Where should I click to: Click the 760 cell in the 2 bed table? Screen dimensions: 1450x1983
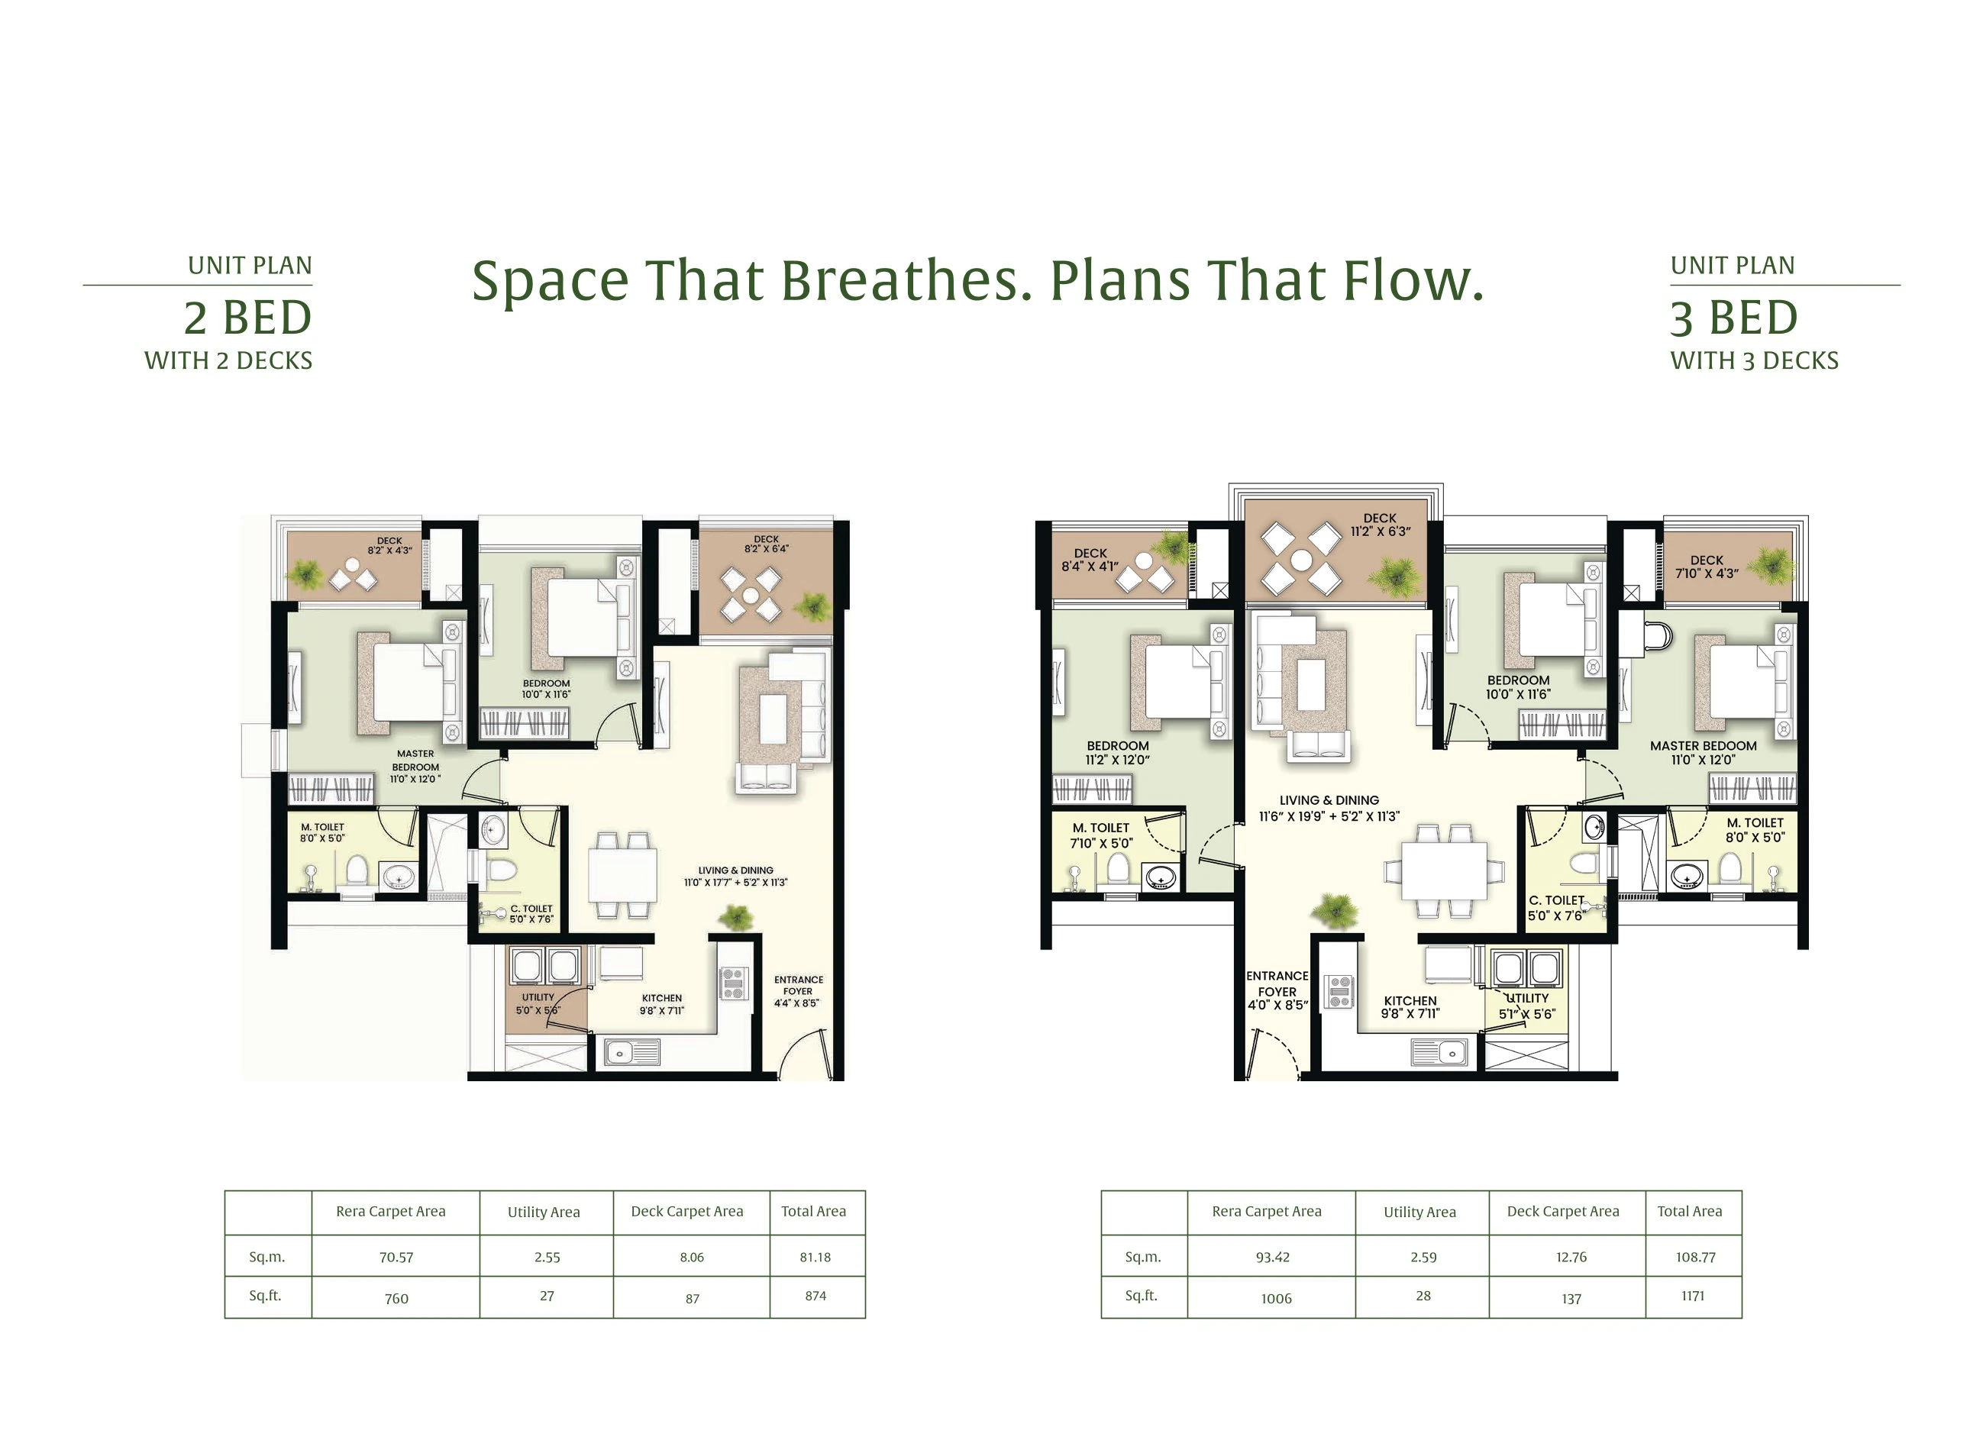[396, 1298]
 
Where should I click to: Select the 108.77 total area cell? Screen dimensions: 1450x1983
[1694, 1257]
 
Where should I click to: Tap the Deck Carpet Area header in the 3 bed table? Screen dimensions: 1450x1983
[1562, 1211]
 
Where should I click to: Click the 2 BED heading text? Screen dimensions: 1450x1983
[247, 318]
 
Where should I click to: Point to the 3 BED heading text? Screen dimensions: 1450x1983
[1734, 318]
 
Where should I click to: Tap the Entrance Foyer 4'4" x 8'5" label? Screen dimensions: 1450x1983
[798, 991]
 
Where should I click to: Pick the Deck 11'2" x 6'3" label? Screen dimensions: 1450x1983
[1380, 525]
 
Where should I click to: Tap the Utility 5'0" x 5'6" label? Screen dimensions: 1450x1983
[538, 1003]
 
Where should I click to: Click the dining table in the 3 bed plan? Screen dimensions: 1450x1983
[1444, 870]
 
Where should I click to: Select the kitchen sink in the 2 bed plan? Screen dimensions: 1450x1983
[632, 1051]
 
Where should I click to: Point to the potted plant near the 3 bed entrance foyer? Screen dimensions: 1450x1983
[1334, 909]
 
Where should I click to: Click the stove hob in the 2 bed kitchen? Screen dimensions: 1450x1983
[733, 983]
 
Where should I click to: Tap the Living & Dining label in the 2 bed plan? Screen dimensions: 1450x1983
[735, 876]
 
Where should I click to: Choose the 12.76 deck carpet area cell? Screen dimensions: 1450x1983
[1571, 1257]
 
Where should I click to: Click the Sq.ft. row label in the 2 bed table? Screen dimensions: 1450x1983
[265, 1296]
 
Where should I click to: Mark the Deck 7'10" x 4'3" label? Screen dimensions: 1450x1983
[1706, 566]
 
